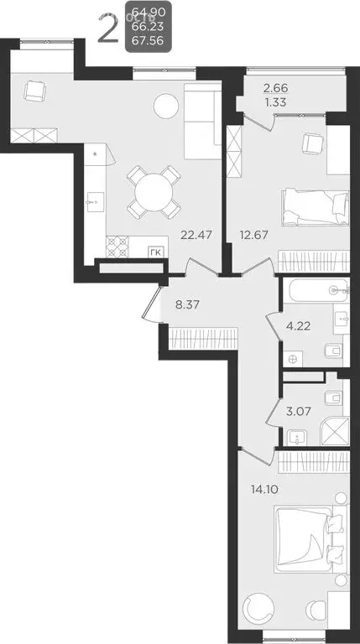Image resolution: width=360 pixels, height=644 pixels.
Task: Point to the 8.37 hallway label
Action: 187,305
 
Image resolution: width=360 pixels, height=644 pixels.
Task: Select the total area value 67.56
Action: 147,43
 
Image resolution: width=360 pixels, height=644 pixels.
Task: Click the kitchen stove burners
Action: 116,247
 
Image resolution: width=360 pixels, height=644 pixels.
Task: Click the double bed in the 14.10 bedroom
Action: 309,545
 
